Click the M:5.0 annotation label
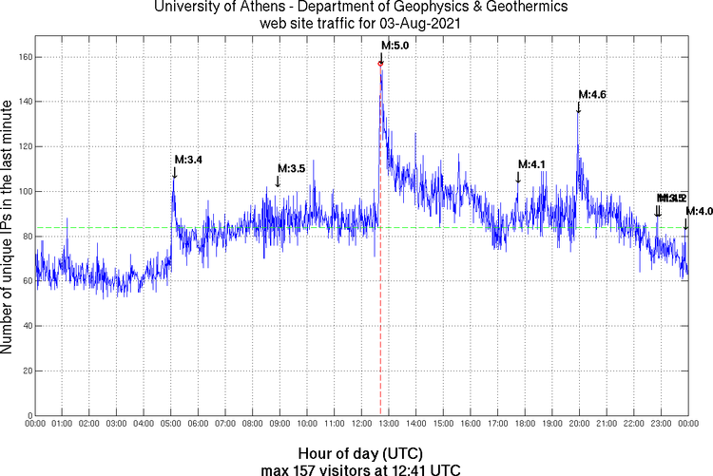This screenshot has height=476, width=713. [x=395, y=45]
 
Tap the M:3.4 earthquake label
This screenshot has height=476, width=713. [x=187, y=159]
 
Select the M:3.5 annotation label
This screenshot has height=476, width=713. [x=291, y=168]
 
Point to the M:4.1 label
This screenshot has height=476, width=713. [x=531, y=164]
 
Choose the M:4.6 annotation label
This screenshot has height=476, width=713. [x=592, y=93]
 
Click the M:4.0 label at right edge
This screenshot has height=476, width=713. [x=699, y=211]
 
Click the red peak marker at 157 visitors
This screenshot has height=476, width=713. [x=381, y=64]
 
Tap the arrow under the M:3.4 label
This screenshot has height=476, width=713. [x=174, y=172]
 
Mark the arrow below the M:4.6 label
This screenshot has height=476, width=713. [x=578, y=106]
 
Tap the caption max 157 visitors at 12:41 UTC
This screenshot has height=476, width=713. [x=360, y=468]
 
